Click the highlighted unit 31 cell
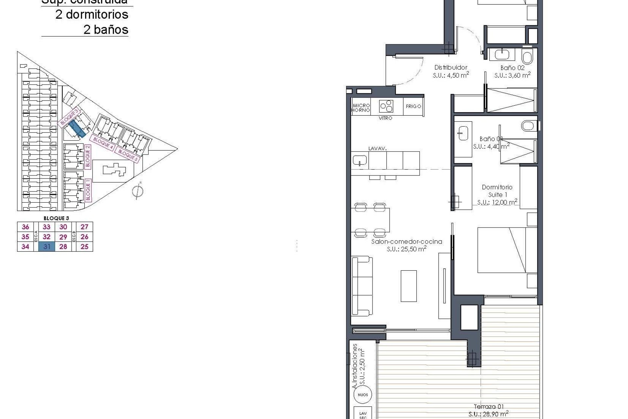click(x=46, y=246)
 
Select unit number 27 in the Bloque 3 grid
click(x=84, y=227)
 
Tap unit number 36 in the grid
click(x=25, y=227)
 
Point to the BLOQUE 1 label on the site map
click(x=88, y=190)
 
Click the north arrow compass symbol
click(x=138, y=191)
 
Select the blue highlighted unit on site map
click(x=78, y=128)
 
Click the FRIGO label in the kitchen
click(x=413, y=106)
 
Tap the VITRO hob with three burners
click(x=386, y=106)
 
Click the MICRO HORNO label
click(x=361, y=108)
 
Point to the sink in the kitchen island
click(x=360, y=160)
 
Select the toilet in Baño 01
click(x=528, y=125)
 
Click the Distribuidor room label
click(x=451, y=67)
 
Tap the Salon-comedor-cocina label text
click(x=407, y=242)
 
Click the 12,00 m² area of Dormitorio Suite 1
click(x=497, y=202)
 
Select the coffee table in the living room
click(x=409, y=286)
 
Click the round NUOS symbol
click(x=363, y=395)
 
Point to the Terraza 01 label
click(x=489, y=407)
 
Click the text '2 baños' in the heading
click(x=106, y=29)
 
